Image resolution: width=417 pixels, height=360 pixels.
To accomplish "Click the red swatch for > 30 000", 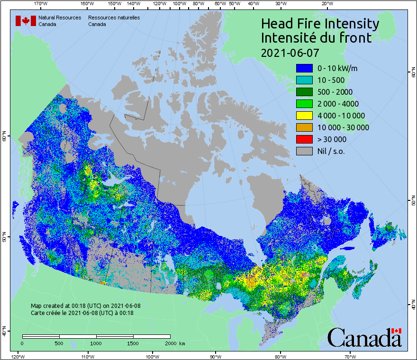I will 304,139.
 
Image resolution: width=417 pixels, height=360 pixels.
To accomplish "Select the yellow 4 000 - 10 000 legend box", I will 304,116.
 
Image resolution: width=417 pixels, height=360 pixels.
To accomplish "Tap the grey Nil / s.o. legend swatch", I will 304,151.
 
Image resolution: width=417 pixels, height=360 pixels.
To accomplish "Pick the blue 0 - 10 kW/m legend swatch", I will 304,68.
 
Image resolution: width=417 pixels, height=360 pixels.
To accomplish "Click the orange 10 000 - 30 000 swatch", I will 304,127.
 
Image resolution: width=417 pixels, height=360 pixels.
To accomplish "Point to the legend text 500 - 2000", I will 335,92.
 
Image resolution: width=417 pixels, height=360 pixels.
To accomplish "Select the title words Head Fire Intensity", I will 320,24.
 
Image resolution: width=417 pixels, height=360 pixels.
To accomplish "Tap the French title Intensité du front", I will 317,38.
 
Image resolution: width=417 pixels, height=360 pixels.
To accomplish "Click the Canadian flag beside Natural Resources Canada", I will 26,21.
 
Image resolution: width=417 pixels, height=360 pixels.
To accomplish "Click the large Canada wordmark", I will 364,338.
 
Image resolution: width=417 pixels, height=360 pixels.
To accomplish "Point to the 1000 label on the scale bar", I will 96,343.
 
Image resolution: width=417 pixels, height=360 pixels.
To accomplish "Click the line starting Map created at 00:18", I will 85,306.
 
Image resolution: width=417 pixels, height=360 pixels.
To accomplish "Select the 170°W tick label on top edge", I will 41,4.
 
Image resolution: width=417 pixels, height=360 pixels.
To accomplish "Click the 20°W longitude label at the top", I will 326,4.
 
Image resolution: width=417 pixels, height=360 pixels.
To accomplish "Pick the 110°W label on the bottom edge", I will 87,356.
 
